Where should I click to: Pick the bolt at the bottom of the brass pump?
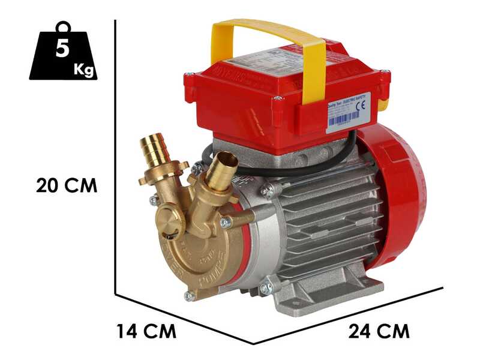coord(190,295)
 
